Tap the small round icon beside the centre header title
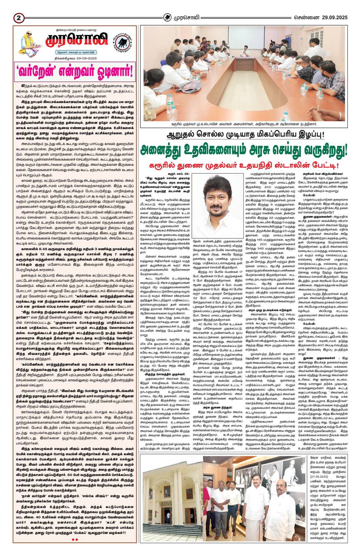coord(168,17)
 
